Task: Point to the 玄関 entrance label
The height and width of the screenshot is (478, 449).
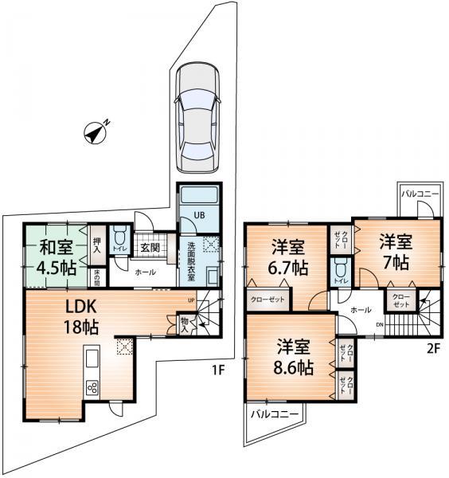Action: pyautogui.click(x=150, y=248)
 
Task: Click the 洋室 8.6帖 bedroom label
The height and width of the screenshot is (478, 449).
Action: pyautogui.click(x=295, y=357)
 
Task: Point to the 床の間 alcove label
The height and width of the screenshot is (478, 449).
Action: pyautogui.click(x=96, y=277)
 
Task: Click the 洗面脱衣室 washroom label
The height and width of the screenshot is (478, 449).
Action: pyautogui.click(x=193, y=258)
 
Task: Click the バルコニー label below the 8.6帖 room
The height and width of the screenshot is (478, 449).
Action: pyautogui.click(x=275, y=415)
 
